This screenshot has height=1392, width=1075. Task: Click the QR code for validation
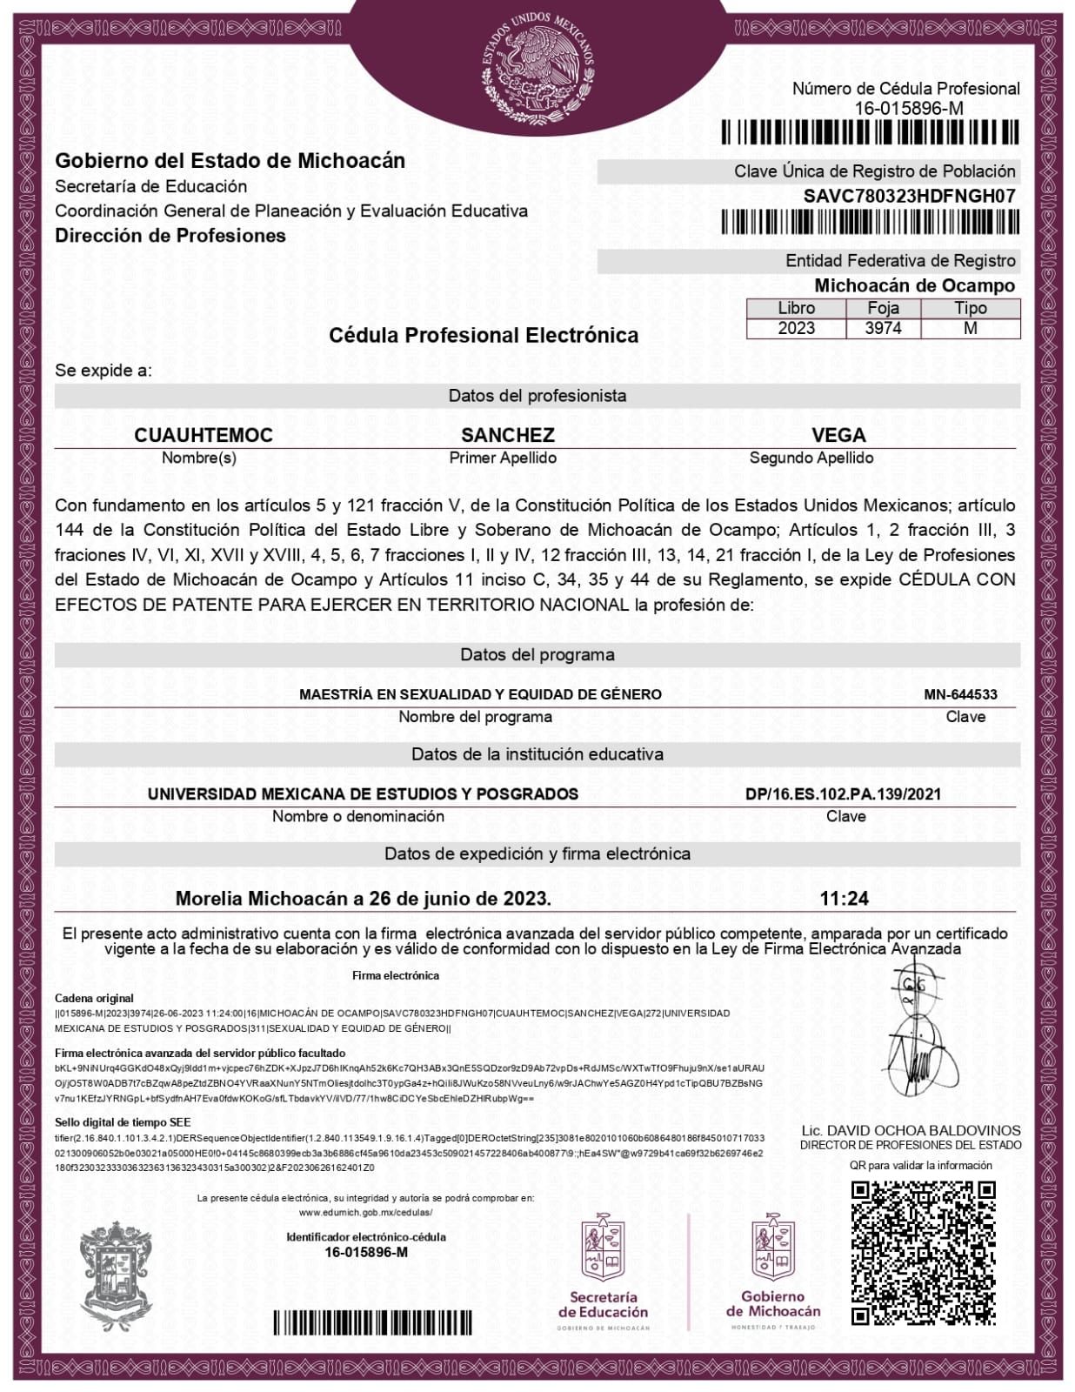tap(923, 1252)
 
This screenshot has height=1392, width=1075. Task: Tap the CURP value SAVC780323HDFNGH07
tap(909, 197)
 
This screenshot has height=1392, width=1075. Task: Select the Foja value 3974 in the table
tap(883, 328)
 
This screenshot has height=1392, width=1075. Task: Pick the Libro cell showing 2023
tap(796, 328)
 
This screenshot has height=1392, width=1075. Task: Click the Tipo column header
tap(970, 308)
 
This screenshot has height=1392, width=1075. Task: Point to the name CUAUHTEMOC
tap(204, 435)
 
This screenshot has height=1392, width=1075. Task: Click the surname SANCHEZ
tap(507, 435)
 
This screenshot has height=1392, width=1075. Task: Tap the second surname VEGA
tap(838, 435)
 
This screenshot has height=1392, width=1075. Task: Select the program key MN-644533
tap(960, 694)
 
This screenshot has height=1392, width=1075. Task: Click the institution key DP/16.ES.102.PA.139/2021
tap(843, 793)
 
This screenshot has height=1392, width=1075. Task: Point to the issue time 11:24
tap(844, 898)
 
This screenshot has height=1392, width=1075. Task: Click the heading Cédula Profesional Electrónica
tap(483, 335)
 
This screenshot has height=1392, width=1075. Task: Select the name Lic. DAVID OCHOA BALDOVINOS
tap(911, 1130)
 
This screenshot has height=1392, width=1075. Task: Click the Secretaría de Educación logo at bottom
tap(603, 1270)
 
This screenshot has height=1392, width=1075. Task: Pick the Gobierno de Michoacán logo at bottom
tap(773, 1270)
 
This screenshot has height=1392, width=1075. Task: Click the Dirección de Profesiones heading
tap(170, 236)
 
